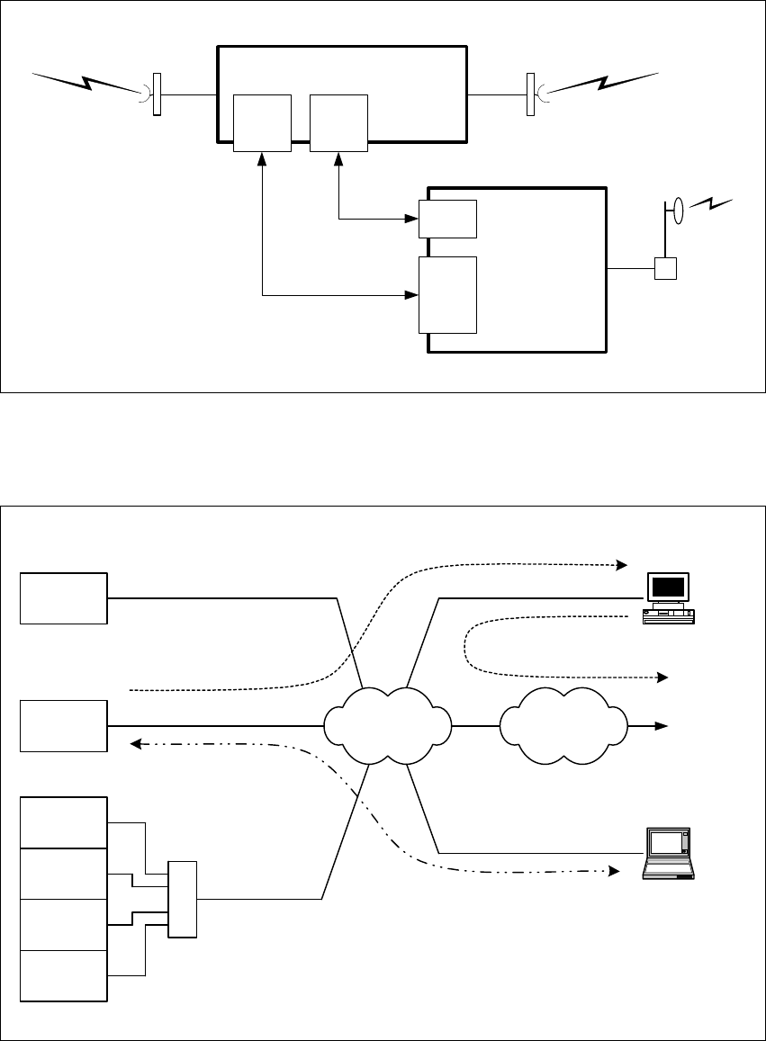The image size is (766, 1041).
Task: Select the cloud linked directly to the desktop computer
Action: click(x=388, y=725)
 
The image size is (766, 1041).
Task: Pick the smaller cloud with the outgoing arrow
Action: click(x=563, y=724)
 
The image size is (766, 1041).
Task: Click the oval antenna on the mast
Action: click(x=678, y=212)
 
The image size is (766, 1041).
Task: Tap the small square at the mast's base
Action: click(x=664, y=268)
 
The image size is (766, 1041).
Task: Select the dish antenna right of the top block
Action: click(x=531, y=95)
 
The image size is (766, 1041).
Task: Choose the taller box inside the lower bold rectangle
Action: click(x=448, y=294)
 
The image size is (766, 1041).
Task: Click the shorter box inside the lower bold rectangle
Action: click(x=448, y=219)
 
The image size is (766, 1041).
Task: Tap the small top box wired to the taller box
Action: click(x=262, y=122)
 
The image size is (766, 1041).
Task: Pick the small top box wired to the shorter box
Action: click(x=338, y=122)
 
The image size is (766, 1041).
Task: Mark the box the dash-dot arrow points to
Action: click(x=64, y=725)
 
